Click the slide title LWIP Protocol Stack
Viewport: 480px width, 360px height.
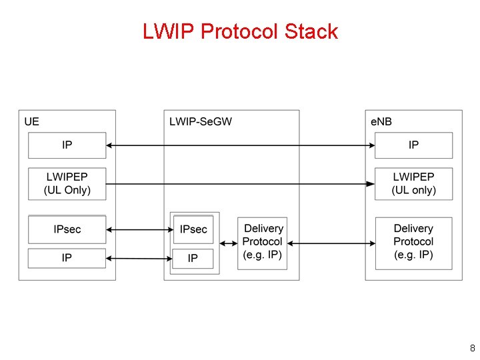(240, 31)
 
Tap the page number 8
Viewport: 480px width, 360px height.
(472, 348)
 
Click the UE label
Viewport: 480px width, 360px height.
(31, 121)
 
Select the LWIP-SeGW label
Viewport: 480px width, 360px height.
(201, 121)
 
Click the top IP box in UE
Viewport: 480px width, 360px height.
(67, 145)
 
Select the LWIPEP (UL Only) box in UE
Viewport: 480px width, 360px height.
(67, 183)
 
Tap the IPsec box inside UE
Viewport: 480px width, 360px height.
(67, 229)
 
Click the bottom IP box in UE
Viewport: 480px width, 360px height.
(67, 258)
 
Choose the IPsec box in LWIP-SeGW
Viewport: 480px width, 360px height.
(193, 229)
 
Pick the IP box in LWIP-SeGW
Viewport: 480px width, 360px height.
(193, 258)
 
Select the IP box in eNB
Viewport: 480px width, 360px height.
(413, 145)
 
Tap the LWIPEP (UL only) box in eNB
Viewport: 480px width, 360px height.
(413, 183)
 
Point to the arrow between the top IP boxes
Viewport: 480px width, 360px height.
(240, 145)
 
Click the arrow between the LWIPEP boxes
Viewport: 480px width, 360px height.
(240, 183)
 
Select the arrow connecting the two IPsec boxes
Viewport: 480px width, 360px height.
(139, 230)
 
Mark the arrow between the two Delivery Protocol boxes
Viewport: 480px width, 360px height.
(331, 243)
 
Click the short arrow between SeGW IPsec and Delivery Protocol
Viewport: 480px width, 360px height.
(228, 243)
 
